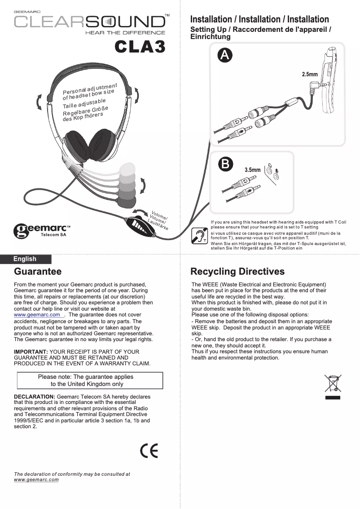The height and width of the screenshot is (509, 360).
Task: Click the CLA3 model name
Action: coord(140,47)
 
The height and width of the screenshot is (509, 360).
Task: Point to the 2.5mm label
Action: coord(310,74)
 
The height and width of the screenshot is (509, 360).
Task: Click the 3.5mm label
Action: coord(252,170)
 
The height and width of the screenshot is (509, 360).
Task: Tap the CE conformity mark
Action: coord(149,451)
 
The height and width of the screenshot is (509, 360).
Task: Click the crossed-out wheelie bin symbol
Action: coord(333,384)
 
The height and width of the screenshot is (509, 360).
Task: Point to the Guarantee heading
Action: coord(38,272)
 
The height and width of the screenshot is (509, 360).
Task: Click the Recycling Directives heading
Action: coord(237,272)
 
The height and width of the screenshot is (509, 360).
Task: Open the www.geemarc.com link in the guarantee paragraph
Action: coord(37,315)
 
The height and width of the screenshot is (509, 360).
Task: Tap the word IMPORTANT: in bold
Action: coord(31,351)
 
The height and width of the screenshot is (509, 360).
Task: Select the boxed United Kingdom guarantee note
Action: coord(90,380)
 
